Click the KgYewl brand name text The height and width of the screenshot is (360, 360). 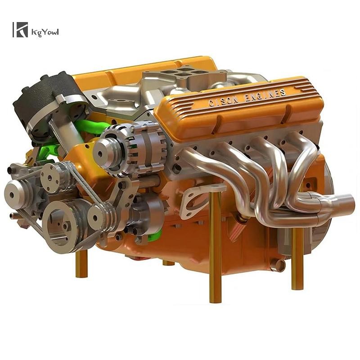tap(45, 32)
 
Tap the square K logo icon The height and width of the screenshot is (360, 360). tap(20, 30)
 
